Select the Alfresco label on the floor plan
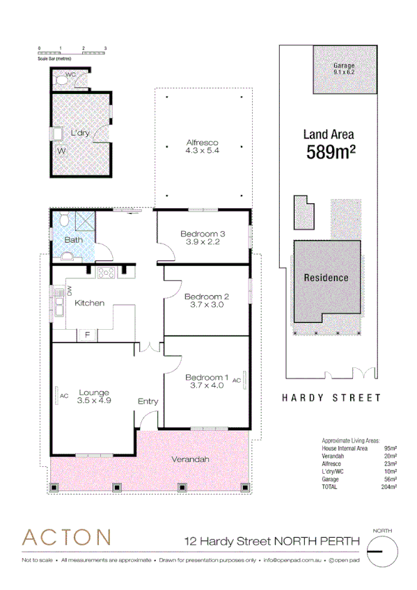(198, 143)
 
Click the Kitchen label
(90, 303)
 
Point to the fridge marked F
(87, 335)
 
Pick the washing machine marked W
(61, 150)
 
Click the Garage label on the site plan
(344, 65)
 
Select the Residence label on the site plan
(326, 278)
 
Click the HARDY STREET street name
(331, 398)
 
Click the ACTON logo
(66, 537)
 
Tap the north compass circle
(381, 550)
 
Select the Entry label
(148, 401)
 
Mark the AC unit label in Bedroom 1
(236, 381)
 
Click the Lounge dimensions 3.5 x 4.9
(94, 401)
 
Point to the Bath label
(73, 240)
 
